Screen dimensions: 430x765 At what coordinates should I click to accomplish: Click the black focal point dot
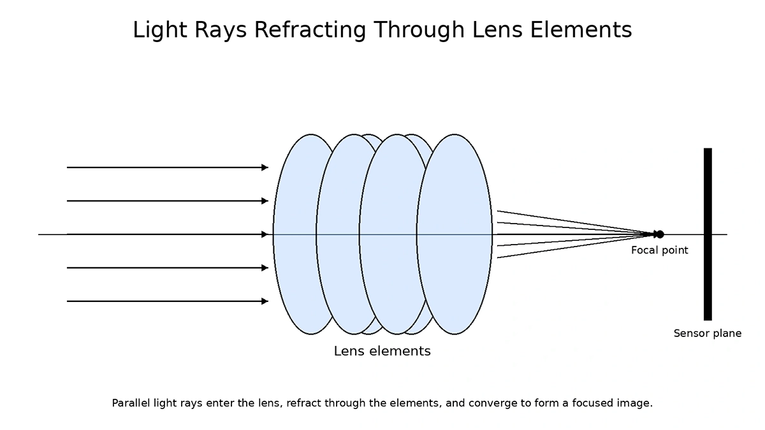[659, 234]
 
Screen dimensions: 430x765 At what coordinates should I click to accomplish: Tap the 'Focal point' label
[659, 250]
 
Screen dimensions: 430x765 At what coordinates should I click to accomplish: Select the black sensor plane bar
[708, 234]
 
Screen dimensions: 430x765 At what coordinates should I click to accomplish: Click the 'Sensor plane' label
[707, 333]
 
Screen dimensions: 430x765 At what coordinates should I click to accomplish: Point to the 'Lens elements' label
[382, 351]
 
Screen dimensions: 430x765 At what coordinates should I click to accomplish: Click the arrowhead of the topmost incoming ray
[265, 168]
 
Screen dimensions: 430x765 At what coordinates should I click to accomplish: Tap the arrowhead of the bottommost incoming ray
[265, 301]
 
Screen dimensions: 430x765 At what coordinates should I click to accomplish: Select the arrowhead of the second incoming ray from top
[265, 201]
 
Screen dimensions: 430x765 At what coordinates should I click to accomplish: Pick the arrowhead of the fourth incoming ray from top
[265, 268]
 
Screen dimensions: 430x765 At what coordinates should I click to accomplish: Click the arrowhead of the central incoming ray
[265, 234]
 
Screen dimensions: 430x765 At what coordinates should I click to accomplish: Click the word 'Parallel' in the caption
[129, 403]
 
